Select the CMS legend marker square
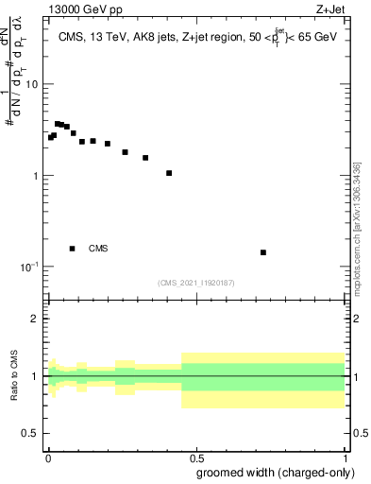point(72,249)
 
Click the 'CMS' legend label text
point(98,249)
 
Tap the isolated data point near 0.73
point(263,252)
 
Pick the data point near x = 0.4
point(169,173)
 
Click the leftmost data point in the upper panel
point(51,137)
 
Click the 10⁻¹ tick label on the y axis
point(28,268)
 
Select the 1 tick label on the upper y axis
point(35,176)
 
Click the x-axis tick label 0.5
point(197,457)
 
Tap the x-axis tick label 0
point(48,457)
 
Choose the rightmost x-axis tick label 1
point(346,457)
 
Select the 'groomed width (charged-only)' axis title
point(271,472)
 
